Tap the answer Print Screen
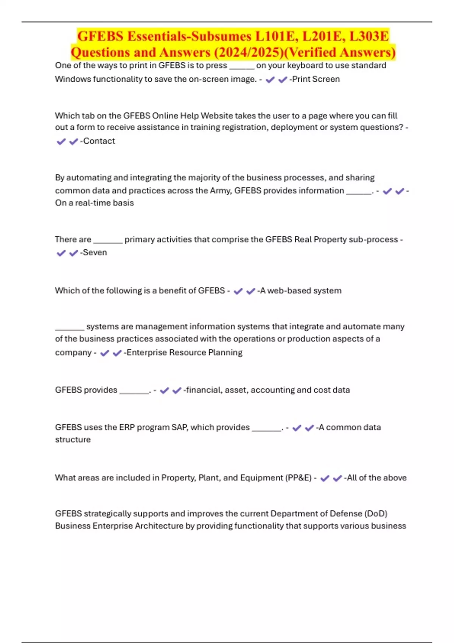(x=316, y=79)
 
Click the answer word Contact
(x=99, y=141)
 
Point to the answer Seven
(x=95, y=252)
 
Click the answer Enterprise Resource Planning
(x=185, y=353)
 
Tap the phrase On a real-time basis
(x=95, y=203)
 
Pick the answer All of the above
(x=377, y=478)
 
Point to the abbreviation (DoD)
(x=376, y=514)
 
